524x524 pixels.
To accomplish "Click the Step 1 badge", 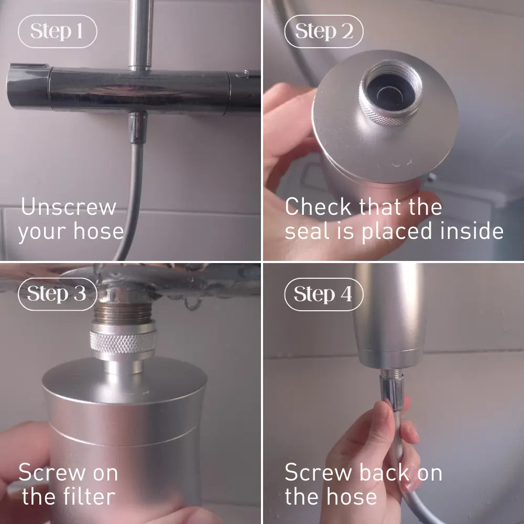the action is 58,31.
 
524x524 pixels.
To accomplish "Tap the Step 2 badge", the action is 323,31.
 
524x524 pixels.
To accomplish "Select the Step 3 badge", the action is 58,294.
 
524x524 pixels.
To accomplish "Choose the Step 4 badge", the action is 323,294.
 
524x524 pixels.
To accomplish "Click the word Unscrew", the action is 69,206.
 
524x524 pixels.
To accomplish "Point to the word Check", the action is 318,206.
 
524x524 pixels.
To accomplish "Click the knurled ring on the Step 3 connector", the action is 123,342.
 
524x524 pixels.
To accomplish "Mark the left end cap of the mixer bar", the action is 29,87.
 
